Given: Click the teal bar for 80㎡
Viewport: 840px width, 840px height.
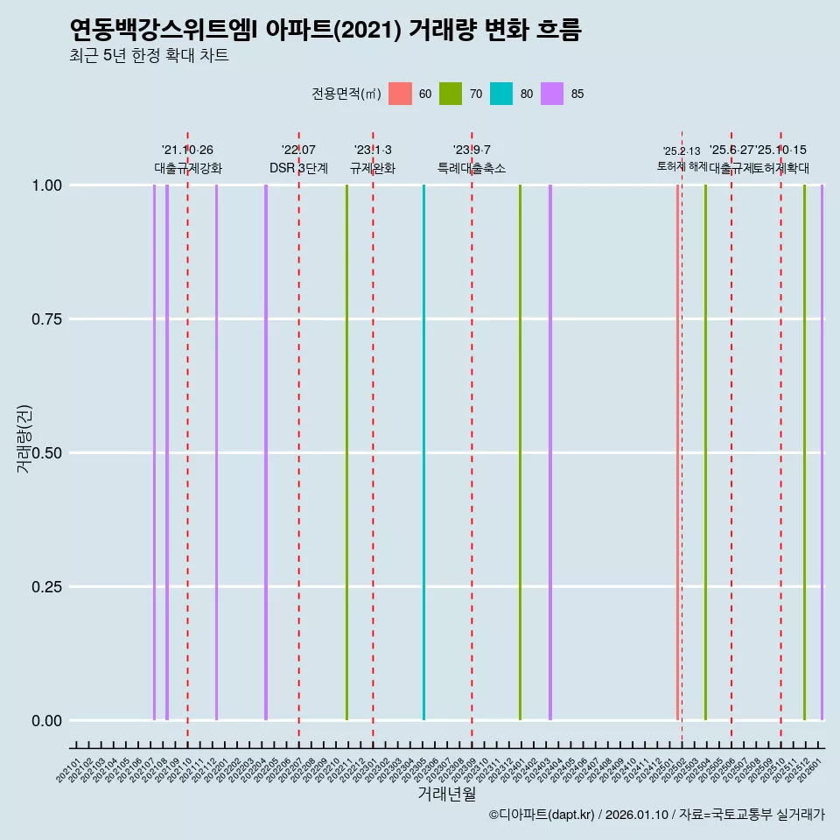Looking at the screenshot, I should (424, 452).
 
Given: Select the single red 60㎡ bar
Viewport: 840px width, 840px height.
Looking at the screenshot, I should (677, 452).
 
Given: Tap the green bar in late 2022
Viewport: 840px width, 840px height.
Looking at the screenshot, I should (346, 452).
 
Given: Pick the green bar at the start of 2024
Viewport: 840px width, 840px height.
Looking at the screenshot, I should (520, 452).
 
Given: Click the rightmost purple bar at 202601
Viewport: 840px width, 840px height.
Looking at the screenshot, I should (822, 452).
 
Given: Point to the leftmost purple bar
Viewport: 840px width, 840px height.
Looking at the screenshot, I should (154, 452).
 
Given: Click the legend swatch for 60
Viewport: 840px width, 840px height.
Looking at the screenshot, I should (400, 94).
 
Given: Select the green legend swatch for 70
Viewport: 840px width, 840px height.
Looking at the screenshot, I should (451, 94).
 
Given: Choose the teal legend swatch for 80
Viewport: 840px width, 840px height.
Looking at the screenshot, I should (501, 94).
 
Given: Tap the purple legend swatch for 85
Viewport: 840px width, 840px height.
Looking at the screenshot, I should (552, 94).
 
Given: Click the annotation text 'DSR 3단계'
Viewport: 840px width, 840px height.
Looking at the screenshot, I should (298, 168).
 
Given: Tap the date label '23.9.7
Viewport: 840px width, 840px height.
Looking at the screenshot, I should (472, 150).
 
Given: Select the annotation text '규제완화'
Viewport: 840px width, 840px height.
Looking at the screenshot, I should (373, 168).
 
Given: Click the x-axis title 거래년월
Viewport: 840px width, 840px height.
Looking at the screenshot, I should (446, 794).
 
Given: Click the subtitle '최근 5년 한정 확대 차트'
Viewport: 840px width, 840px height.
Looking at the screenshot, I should (149, 56).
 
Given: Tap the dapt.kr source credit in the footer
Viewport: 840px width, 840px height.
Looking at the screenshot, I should (656, 815).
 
